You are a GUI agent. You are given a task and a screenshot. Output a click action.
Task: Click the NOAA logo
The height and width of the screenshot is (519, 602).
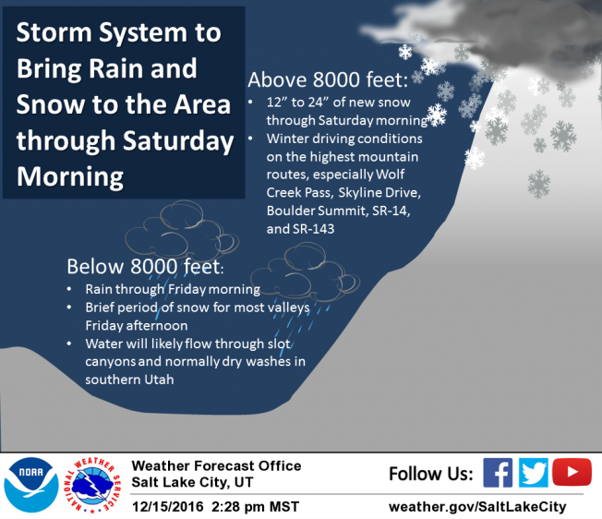(31, 485)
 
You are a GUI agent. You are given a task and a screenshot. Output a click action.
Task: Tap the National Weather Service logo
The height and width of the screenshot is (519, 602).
(92, 485)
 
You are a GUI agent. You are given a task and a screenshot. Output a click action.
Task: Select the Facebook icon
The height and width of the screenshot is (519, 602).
(498, 473)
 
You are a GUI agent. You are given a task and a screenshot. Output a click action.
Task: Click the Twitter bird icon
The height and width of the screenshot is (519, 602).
(534, 473)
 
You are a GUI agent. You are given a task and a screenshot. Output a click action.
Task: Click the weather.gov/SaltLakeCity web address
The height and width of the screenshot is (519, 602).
(477, 507)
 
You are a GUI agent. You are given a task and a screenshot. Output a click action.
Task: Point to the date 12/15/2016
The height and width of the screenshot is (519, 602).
(168, 507)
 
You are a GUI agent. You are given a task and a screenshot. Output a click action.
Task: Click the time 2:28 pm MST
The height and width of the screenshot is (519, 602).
(255, 507)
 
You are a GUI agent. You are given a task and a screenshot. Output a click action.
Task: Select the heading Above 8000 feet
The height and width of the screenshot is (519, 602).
(328, 79)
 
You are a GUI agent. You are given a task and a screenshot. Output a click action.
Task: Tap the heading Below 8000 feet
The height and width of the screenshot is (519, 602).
(145, 266)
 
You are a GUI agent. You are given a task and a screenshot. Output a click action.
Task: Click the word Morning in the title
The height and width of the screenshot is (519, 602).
(70, 176)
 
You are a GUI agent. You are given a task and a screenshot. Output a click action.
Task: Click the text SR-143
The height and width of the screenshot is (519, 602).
(314, 229)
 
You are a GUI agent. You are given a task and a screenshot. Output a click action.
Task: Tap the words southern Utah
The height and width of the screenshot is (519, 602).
(129, 380)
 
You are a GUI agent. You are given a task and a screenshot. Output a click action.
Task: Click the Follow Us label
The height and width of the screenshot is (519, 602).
(431, 474)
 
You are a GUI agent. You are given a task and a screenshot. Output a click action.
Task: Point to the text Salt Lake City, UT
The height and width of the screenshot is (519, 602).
(192, 482)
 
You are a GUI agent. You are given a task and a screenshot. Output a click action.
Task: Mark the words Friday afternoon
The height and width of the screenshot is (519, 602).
(137, 325)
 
